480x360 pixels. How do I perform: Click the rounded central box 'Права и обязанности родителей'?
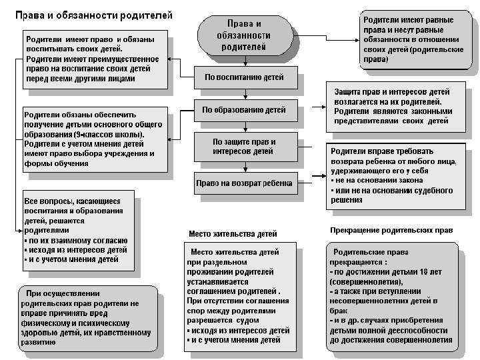click(245, 36)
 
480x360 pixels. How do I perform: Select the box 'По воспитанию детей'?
click(245, 77)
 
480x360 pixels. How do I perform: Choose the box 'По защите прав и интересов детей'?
click(245, 147)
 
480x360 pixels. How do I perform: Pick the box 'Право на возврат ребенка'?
click(245, 183)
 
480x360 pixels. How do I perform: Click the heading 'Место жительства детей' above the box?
click(233, 233)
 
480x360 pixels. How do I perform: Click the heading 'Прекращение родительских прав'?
click(391, 230)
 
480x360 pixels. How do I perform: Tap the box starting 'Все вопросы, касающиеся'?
click(78, 231)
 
